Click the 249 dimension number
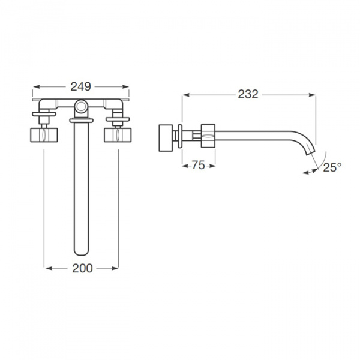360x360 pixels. tap(80, 86)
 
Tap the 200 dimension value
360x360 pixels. tap(82, 268)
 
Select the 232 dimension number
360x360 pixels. tap(248, 94)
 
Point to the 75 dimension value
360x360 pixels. tap(199, 165)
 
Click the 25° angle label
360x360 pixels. tap(332, 167)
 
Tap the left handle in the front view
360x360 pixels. tap(44, 135)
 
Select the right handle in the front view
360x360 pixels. tap(118, 135)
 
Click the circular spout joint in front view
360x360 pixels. tap(81, 106)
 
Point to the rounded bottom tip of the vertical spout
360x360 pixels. tap(81, 252)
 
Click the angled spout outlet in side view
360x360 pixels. tap(310, 151)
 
